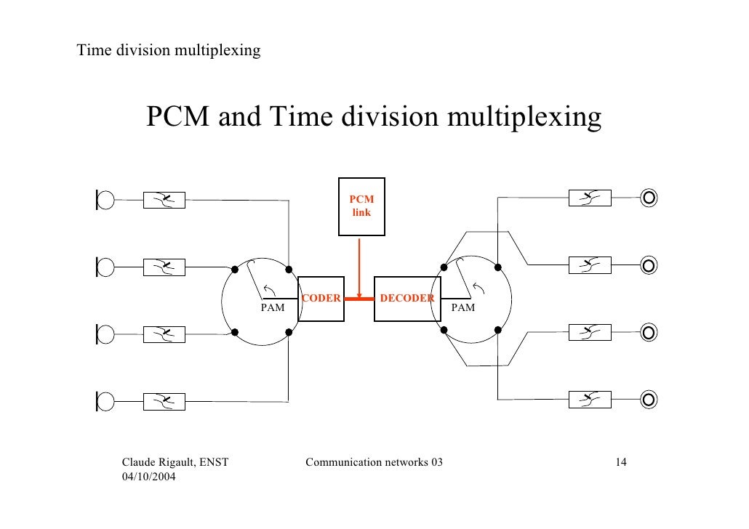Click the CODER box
[320, 298]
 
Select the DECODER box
[405, 298]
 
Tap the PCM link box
[361, 206]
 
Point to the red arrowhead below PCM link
[361, 294]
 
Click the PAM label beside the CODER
[273, 308]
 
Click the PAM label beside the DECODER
[463, 308]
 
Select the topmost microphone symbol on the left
[105, 199]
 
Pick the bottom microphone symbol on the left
[105, 401]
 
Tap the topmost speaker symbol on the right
[649, 196]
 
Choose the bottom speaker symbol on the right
[649, 398]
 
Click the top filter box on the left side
[164, 199]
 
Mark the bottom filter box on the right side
[589, 398]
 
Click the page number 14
[621, 463]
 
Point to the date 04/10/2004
[152, 477]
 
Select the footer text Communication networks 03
[374, 463]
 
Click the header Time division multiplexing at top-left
[169, 51]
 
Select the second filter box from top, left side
[164, 267]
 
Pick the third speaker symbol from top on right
[649, 331]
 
